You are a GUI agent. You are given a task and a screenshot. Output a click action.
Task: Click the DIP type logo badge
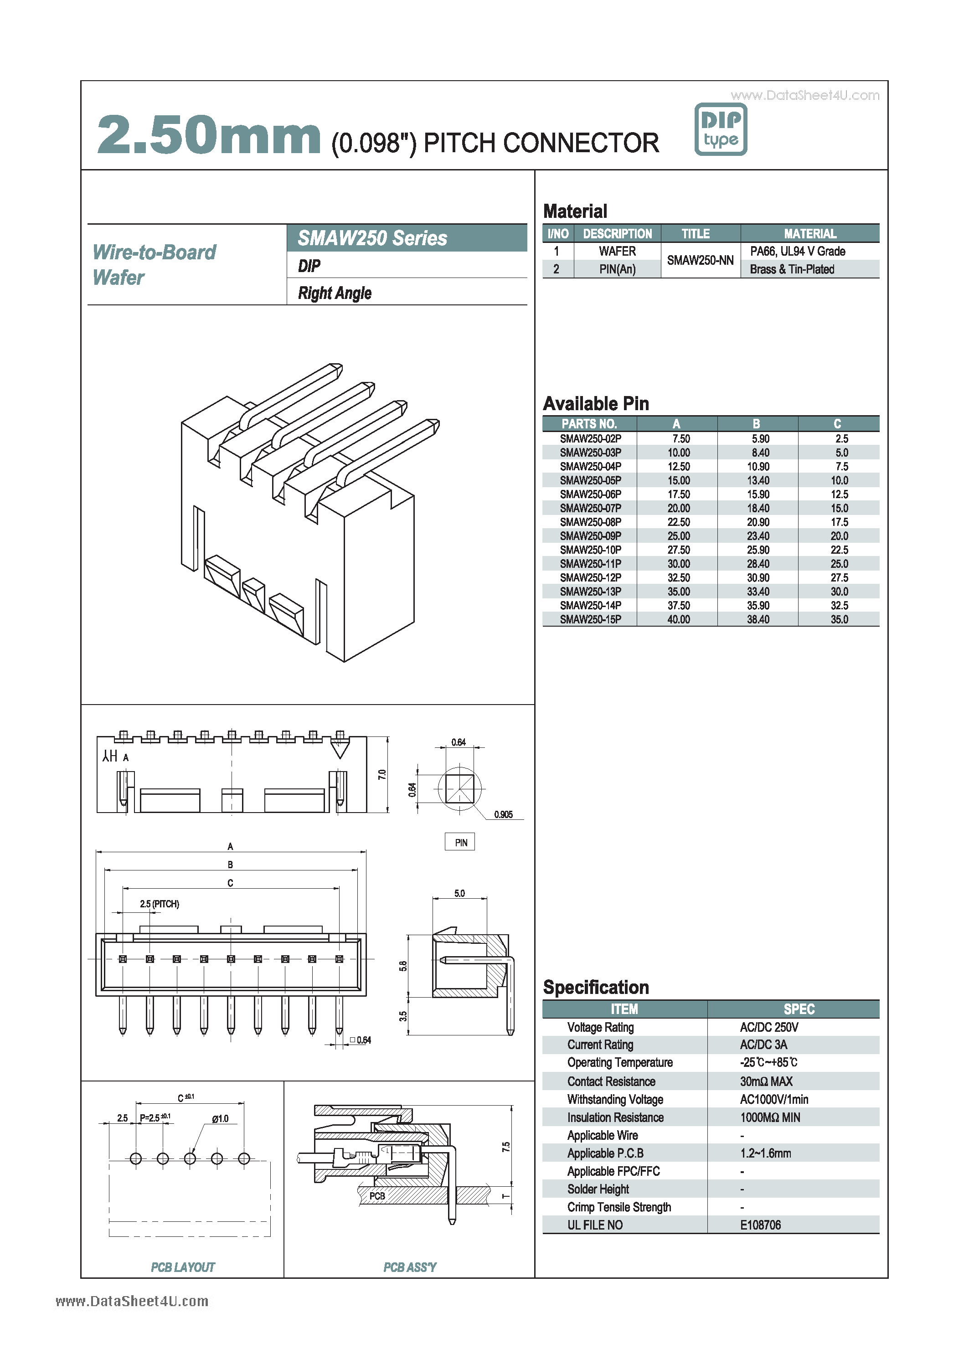point(720,129)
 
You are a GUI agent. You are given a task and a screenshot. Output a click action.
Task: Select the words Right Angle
point(334,293)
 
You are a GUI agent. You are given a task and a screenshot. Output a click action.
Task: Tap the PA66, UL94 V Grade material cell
point(797,251)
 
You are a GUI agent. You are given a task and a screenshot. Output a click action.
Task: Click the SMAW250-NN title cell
point(700,260)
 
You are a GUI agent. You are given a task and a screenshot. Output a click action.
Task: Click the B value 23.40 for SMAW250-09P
point(758,536)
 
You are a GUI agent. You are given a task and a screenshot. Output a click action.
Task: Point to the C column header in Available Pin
point(837,423)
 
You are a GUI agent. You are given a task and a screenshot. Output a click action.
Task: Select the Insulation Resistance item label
point(614,1117)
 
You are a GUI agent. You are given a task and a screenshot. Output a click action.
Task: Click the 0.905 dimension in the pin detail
point(503,814)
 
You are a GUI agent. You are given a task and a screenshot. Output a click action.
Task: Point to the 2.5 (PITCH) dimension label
point(160,904)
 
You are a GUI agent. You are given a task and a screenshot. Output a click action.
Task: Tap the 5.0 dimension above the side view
point(459,893)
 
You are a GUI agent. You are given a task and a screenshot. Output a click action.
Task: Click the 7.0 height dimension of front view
point(382,774)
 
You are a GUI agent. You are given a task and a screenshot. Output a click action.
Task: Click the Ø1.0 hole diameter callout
point(220,1118)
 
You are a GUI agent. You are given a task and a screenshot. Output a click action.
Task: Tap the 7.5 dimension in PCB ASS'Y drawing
point(505,1147)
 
